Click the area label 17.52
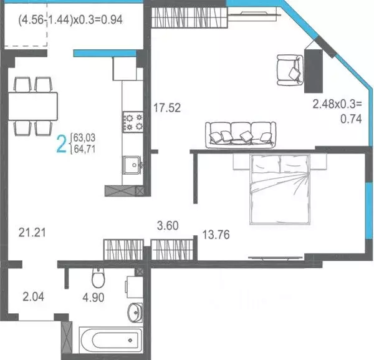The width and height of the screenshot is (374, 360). point(166,108)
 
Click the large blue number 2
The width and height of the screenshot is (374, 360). point(62,144)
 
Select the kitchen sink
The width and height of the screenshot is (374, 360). point(132,165)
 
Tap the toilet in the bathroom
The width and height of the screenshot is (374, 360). point(98,276)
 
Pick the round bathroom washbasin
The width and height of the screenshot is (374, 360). point(135,311)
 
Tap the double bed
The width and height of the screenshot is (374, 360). point(279,189)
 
